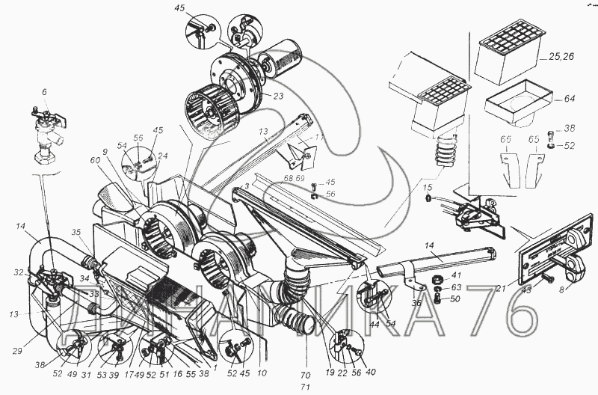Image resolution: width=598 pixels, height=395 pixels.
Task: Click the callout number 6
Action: click(x=44, y=92)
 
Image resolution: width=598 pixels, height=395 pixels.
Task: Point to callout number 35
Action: click(x=75, y=233)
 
